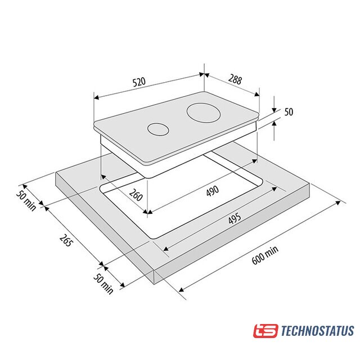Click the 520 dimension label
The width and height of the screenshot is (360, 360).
(x=139, y=82)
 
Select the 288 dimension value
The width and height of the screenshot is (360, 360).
(x=235, y=79)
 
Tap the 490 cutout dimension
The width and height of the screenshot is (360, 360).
(x=213, y=191)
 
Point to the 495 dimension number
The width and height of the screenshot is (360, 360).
(x=235, y=219)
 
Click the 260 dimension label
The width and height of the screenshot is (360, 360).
(x=136, y=195)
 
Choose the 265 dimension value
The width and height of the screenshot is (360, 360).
(x=66, y=240)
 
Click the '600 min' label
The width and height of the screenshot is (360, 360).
(x=265, y=255)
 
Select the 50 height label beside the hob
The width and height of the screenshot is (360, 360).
(x=289, y=112)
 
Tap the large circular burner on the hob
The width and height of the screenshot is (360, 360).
(x=204, y=114)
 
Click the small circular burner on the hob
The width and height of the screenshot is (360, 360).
(x=159, y=129)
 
